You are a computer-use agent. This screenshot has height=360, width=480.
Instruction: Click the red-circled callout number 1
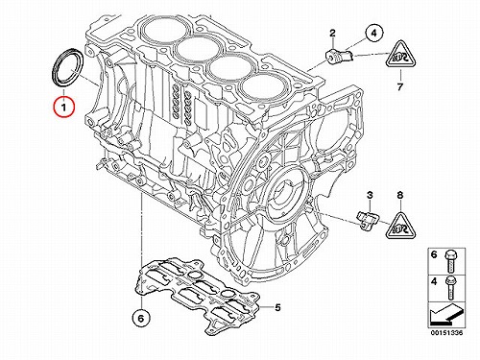coord(64,107)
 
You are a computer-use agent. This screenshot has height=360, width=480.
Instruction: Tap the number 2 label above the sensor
coord(332,33)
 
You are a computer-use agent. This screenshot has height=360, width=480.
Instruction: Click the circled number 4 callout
coord(374,33)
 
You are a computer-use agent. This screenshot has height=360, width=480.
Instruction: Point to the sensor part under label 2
coord(339,56)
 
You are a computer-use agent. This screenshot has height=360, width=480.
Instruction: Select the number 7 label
coord(400,86)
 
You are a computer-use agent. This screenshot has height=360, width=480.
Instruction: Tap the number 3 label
coord(370,195)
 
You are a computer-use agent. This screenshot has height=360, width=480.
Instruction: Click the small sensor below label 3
coord(368,220)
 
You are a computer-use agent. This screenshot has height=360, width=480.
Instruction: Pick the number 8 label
coord(400,195)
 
